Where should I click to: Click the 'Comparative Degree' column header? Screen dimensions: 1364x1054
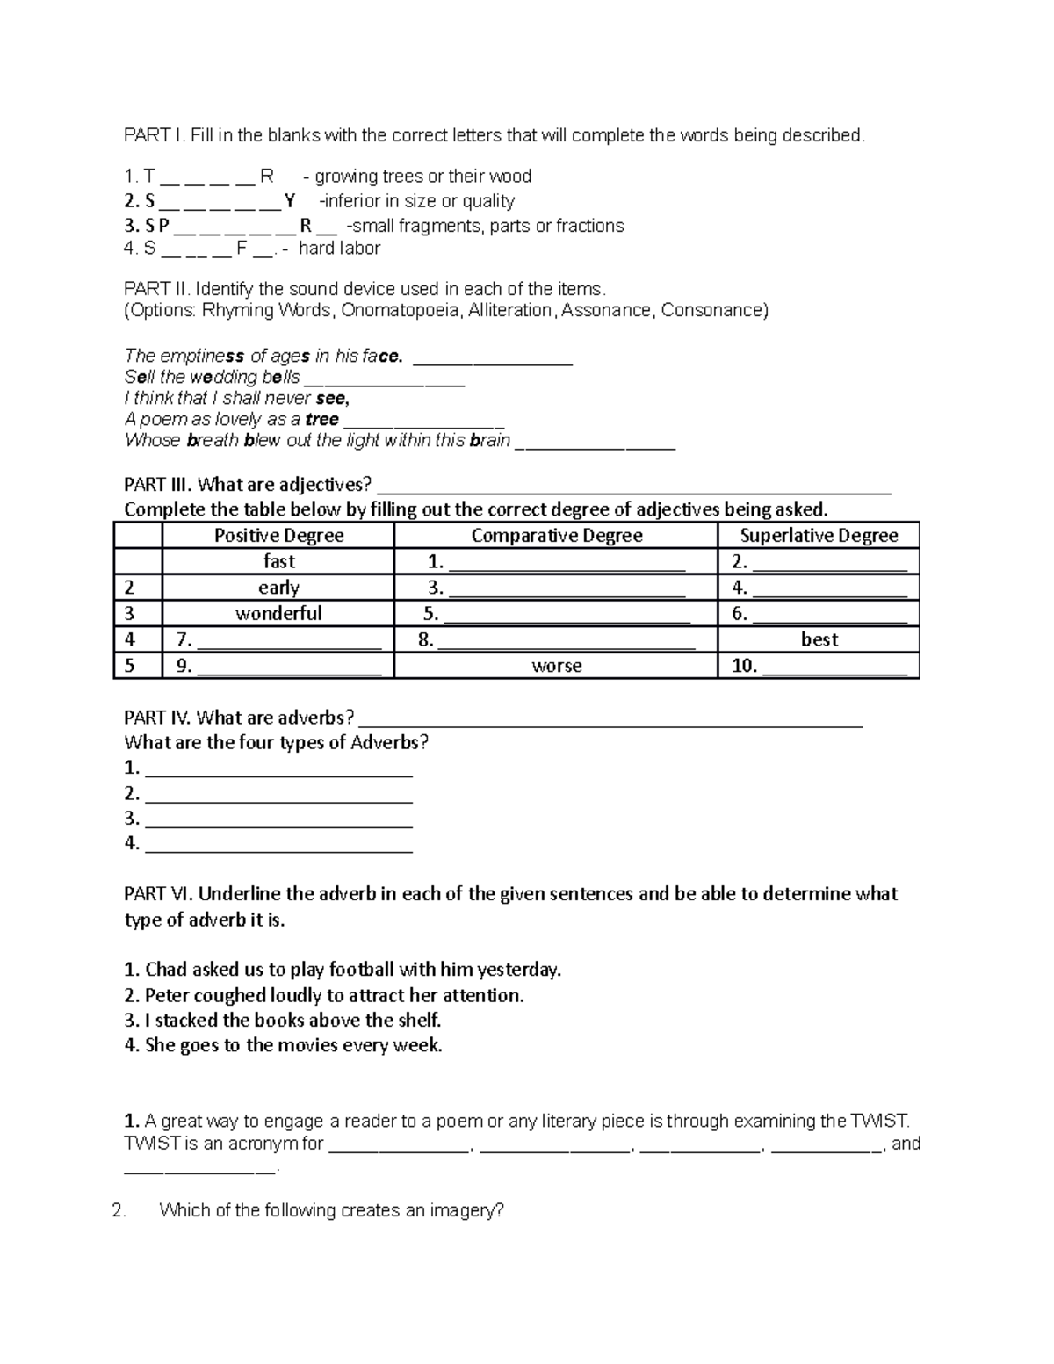[x=556, y=536]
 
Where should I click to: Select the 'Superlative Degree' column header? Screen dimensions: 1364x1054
[x=819, y=536]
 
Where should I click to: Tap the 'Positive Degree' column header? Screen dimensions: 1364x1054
[x=278, y=536]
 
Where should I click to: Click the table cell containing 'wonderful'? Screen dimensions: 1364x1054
[x=278, y=613]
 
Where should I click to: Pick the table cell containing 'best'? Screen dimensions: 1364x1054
[x=819, y=639]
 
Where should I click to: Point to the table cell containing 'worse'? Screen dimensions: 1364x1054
[x=556, y=666]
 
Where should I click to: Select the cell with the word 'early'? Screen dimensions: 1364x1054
[x=278, y=588]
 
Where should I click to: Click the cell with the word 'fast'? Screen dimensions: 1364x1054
[x=278, y=561]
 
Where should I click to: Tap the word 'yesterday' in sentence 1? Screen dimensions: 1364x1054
[x=518, y=970]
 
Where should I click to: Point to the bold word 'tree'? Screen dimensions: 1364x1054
[x=321, y=420]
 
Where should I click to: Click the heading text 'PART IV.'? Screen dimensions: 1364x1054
[x=158, y=718]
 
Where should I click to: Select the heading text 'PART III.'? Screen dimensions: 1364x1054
[x=158, y=485]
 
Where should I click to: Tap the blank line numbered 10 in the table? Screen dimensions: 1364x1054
[x=834, y=668]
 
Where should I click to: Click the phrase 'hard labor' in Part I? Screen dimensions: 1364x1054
[x=339, y=249]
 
